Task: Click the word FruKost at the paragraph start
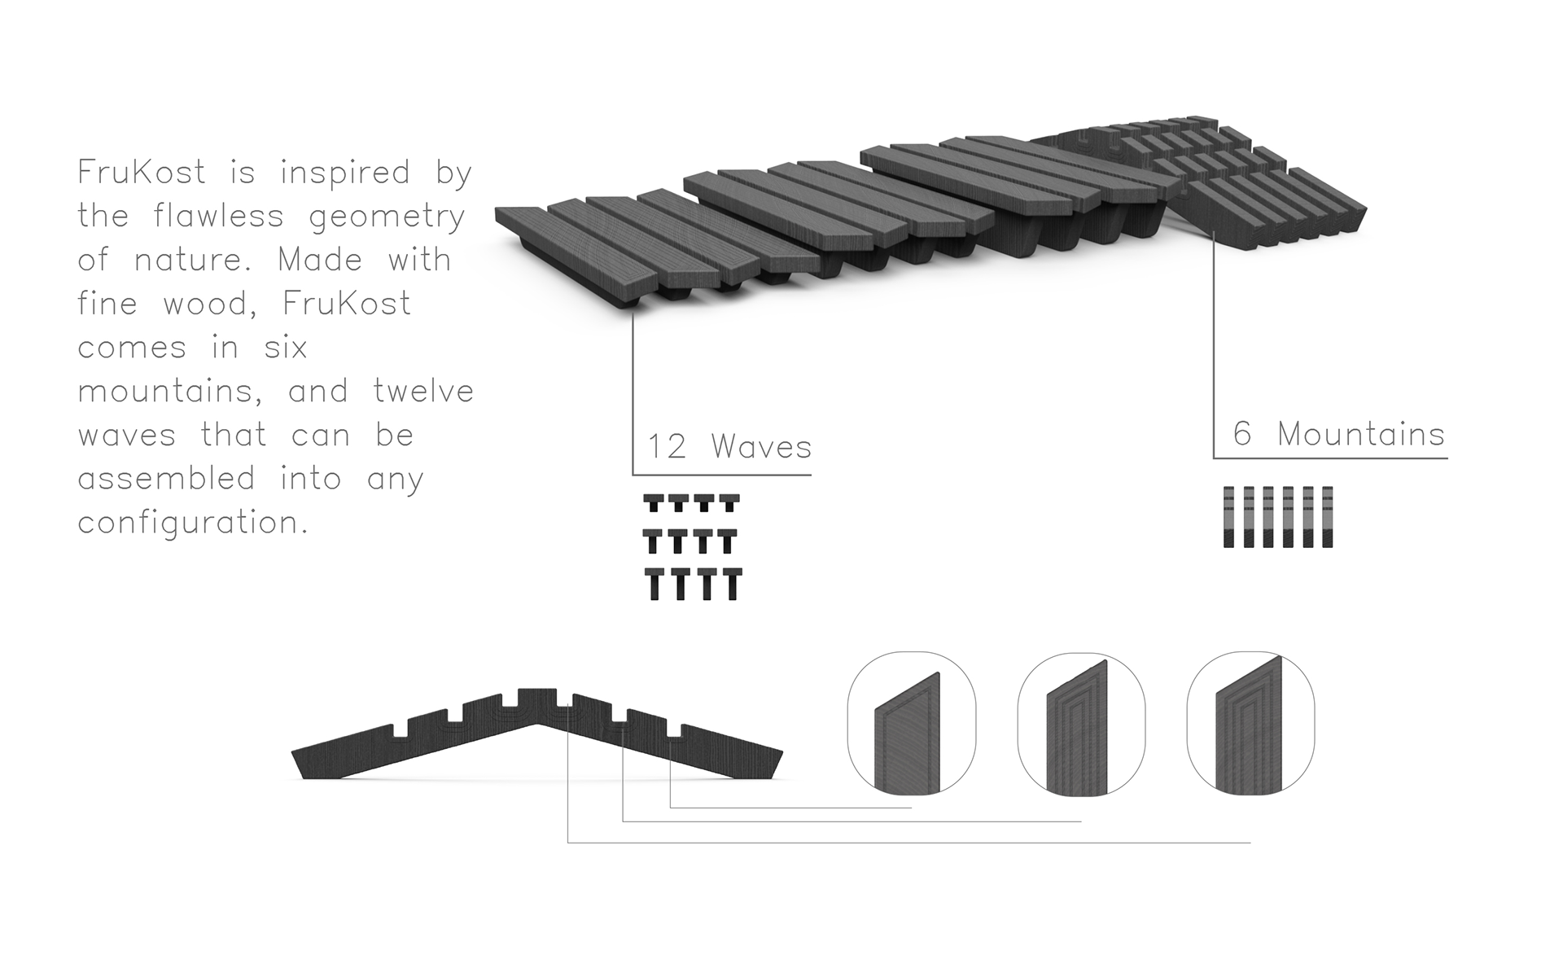(x=141, y=173)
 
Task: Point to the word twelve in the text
(x=423, y=392)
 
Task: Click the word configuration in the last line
(x=193, y=523)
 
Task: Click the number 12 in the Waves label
(x=667, y=447)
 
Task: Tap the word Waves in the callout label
(x=761, y=447)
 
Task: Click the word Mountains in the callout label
(x=1361, y=434)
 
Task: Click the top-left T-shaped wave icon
(x=653, y=502)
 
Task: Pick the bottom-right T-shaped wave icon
(x=732, y=584)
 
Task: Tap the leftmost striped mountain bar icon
(x=1229, y=517)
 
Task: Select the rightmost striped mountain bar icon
(x=1328, y=517)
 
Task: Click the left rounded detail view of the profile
(x=912, y=723)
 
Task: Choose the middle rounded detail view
(x=1081, y=723)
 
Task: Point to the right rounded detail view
(x=1250, y=723)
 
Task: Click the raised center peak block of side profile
(x=536, y=699)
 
